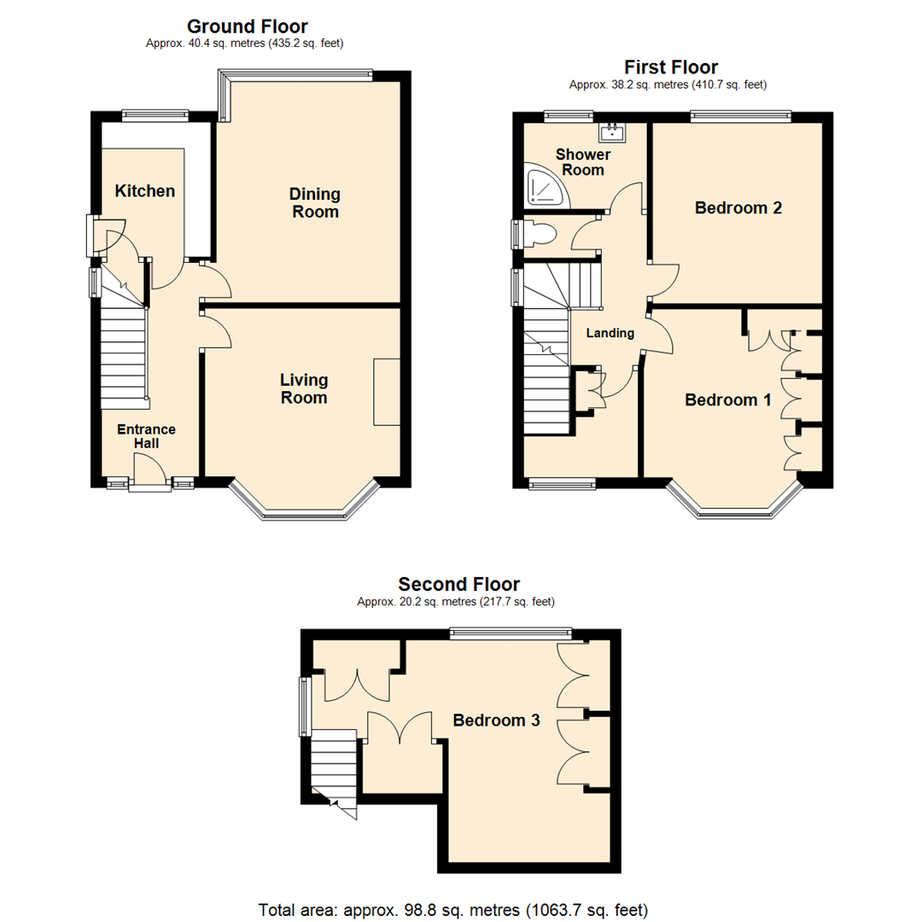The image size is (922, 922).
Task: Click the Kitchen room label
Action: pyautogui.click(x=145, y=191)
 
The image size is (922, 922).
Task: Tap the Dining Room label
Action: pyautogui.click(x=316, y=203)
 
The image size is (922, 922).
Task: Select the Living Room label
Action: pyautogui.click(x=304, y=388)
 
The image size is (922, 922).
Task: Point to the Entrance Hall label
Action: pyautogui.click(x=146, y=436)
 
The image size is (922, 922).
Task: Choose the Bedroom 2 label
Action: pyautogui.click(x=738, y=207)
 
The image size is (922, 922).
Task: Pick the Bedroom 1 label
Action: pyautogui.click(x=722, y=400)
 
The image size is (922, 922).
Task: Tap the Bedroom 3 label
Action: pyautogui.click(x=496, y=720)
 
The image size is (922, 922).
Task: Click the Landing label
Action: pyautogui.click(x=610, y=333)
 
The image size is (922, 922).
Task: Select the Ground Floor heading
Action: pyautogui.click(x=248, y=26)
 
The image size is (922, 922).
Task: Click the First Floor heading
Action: pyautogui.click(x=671, y=67)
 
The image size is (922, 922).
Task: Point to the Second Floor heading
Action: pyautogui.click(x=458, y=585)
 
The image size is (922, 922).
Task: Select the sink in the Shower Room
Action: pyautogui.click(x=613, y=131)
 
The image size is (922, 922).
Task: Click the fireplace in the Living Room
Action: pyautogui.click(x=387, y=392)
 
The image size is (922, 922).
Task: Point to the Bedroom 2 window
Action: pyautogui.click(x=740, y=117)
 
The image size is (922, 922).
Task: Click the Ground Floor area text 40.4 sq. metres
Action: pyautogui.click(x=248, y=43)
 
